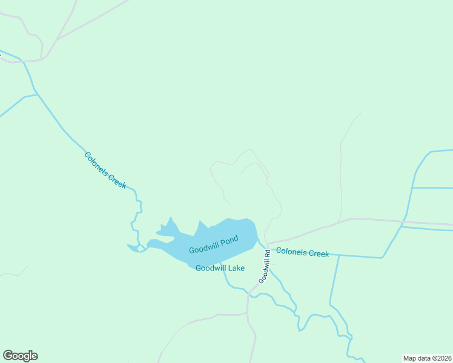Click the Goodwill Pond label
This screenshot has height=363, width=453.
point(214,246)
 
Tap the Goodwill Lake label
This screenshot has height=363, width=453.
point(220,268)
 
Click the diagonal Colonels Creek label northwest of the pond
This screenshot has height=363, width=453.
point(105,170)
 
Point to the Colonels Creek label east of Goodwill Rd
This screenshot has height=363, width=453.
point(302,253)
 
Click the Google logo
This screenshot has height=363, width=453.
point(20,356)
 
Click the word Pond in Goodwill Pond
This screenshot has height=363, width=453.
point(230,242)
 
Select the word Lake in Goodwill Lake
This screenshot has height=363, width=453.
point(235,268)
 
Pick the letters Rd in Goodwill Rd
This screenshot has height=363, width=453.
point(266,253)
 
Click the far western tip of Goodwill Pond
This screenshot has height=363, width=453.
point(128,246)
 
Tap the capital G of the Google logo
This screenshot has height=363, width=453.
point(8,355)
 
